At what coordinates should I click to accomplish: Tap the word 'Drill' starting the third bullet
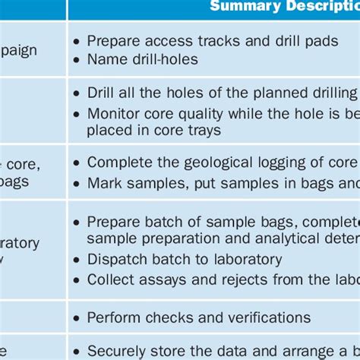click(102, 93)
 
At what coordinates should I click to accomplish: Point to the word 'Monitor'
click(113, 112)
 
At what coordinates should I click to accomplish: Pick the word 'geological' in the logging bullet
click(220, 163)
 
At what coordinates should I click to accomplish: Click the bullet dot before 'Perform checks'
click(77, 317)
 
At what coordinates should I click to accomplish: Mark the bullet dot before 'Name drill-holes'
click(77, 59)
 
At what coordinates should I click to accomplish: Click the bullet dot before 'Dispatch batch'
click(77, 260)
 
